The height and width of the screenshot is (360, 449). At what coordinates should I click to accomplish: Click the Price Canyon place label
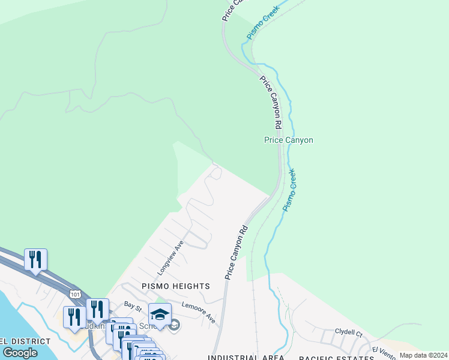[289, 140]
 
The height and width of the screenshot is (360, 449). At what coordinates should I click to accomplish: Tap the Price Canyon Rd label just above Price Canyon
[271, 103]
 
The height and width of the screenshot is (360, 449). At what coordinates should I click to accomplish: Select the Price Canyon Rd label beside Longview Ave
[237, 252]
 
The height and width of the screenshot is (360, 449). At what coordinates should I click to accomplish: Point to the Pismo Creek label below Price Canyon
[290, 190]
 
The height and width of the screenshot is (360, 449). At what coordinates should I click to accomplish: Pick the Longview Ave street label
[170, 259]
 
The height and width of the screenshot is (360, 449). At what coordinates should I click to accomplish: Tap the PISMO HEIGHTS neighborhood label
[175, 286]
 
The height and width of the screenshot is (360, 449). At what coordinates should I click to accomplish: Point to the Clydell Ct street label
[349, 332]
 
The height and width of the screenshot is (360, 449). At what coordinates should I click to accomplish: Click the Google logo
[20, 353]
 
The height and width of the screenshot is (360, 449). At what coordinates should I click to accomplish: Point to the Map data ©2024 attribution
[423, 355]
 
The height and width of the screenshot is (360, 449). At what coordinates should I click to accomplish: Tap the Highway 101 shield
[74, 295]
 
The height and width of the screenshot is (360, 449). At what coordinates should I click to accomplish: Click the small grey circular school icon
[174, 326]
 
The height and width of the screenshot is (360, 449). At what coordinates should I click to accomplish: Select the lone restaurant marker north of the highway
[35, 259]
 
